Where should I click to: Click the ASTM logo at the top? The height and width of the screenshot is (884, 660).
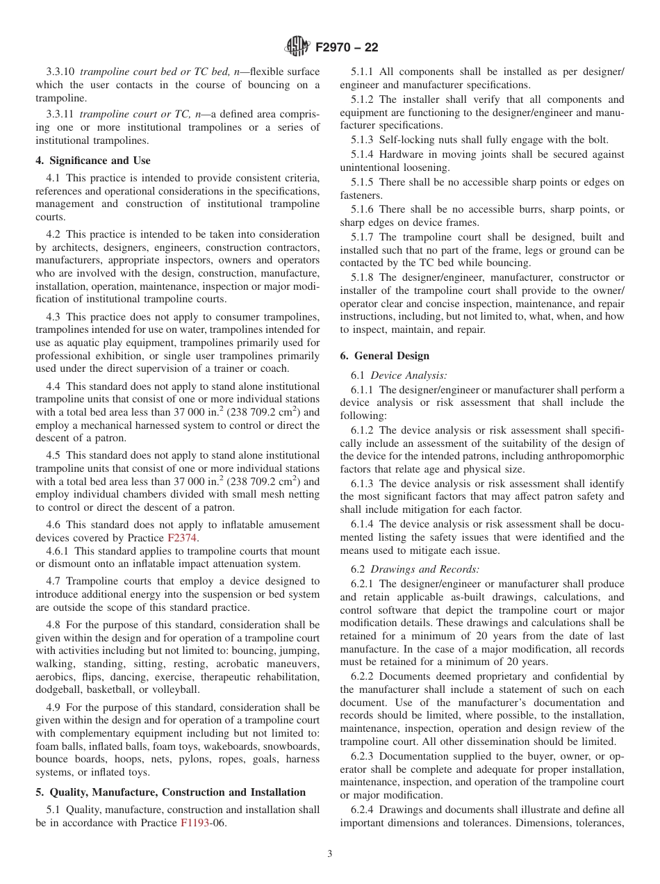point(297,47)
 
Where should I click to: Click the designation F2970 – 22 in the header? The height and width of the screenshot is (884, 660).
point(346,47)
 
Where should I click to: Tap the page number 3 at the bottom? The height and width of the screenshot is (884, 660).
point(330,854)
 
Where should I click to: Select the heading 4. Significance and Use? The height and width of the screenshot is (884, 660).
point(92,161)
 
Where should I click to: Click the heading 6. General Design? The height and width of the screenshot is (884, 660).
point(384,355)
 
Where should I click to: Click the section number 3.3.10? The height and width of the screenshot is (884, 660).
point(61,72)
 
